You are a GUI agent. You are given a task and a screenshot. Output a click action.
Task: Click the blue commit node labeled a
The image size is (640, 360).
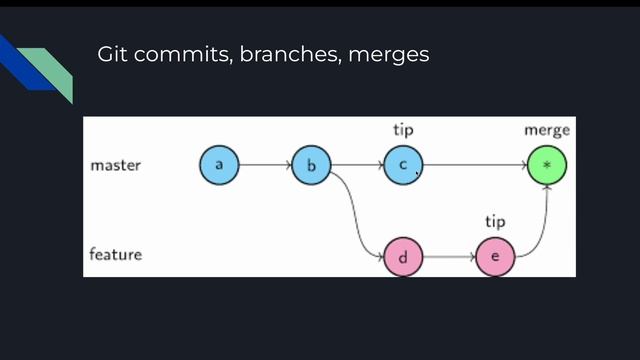[219, 165]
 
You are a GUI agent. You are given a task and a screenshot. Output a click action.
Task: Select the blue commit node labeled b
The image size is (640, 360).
[311, 165]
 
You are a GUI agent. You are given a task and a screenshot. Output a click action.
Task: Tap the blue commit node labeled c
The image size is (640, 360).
[403, 165]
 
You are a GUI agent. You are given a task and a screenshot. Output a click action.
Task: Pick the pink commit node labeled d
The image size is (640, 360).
[403, 257]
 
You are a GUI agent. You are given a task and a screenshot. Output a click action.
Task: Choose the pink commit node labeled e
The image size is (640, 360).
[495, 257]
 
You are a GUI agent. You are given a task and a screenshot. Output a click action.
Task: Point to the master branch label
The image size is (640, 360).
[116, 165]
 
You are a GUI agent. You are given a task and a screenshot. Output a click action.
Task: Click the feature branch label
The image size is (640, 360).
[116, 254]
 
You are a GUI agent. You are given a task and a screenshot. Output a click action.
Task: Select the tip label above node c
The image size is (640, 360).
[403, 130]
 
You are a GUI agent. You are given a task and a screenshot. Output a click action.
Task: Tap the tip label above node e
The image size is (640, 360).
[495, 221]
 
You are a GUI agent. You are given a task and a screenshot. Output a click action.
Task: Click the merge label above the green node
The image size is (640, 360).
[547, 130]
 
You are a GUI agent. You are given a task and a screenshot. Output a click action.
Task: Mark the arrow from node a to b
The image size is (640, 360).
[265, 165]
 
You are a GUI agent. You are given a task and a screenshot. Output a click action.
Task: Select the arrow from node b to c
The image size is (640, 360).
[357, 165]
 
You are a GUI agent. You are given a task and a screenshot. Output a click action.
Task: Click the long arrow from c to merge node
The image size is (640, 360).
[475, 165]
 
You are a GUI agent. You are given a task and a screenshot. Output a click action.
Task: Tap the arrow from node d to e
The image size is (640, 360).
[449, 257]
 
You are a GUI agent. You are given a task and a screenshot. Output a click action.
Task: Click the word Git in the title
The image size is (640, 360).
[112, 54]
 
